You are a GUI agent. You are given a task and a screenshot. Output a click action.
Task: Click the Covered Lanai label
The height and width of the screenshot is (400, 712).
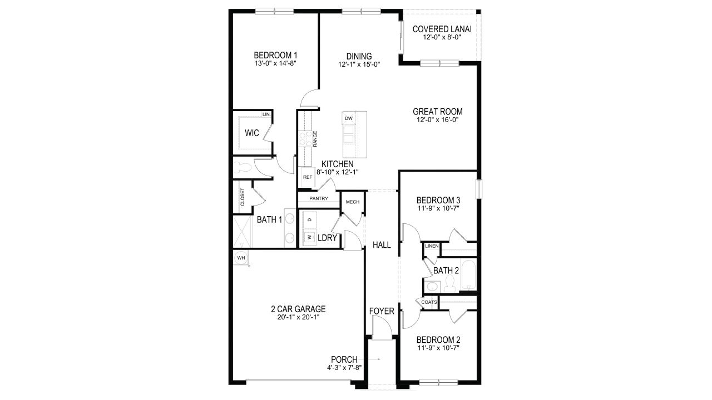point(438,29)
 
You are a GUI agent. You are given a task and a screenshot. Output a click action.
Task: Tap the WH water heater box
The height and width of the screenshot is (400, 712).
point(241,258)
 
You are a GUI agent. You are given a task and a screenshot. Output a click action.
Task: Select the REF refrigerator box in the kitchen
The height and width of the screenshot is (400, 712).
point(307,177)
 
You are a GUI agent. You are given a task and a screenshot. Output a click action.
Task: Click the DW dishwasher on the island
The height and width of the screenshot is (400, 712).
point(349,118)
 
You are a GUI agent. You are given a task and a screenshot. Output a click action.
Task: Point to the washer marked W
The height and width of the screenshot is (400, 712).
point(308,237)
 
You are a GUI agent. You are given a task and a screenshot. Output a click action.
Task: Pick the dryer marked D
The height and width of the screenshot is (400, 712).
point(309,220)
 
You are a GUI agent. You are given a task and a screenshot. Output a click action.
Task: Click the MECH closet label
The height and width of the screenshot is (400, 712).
point(352,202)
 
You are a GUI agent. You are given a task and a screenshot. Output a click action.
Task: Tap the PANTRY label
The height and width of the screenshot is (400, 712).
point(318,198)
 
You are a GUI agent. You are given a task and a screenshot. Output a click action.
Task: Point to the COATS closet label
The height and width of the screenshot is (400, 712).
point(429,302)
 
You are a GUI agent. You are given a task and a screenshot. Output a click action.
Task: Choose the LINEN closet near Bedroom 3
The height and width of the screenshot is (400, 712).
point(432,246)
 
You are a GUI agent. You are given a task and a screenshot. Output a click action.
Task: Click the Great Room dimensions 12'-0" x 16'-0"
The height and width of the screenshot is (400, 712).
point(438,119)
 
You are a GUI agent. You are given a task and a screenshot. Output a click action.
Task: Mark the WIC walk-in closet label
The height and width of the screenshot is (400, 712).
point(252,133)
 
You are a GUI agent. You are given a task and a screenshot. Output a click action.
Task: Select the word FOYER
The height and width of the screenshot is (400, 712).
point(382,311)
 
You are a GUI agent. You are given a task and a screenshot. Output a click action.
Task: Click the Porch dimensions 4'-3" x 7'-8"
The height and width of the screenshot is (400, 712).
point(343,368)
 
